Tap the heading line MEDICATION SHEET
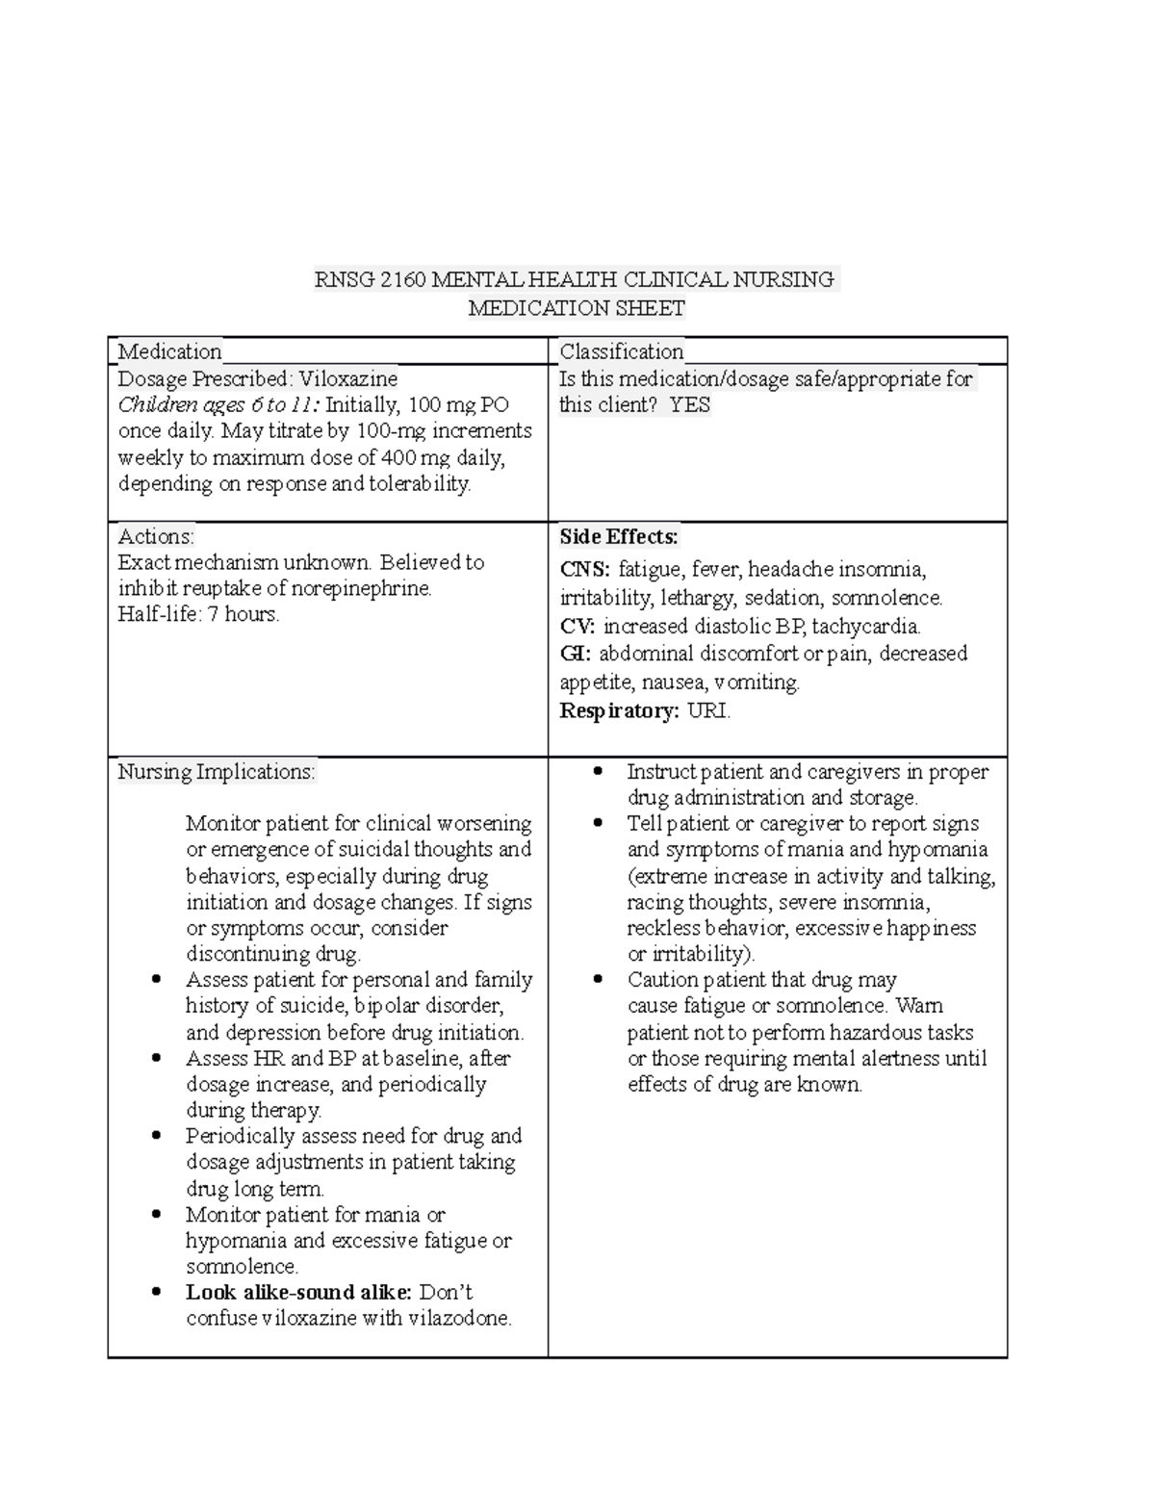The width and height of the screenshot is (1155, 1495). point(576,309)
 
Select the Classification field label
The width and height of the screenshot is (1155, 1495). point(622,351)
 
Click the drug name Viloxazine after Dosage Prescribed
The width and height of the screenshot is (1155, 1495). point(347,378)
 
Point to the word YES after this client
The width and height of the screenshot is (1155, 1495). point(690,405)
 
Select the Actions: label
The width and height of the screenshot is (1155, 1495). point(156,536)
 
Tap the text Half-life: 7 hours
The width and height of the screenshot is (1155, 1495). point(198,614)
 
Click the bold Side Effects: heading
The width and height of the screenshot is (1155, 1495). point(619,536)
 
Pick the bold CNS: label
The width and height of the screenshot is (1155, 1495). point(584,570)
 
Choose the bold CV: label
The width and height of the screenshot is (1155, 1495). point(577,627)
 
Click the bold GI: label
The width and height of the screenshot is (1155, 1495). point(576,654)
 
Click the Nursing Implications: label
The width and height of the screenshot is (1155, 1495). point(216,772)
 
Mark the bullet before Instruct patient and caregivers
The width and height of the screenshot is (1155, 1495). point(600,772)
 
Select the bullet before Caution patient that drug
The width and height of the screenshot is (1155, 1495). point(600,980)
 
